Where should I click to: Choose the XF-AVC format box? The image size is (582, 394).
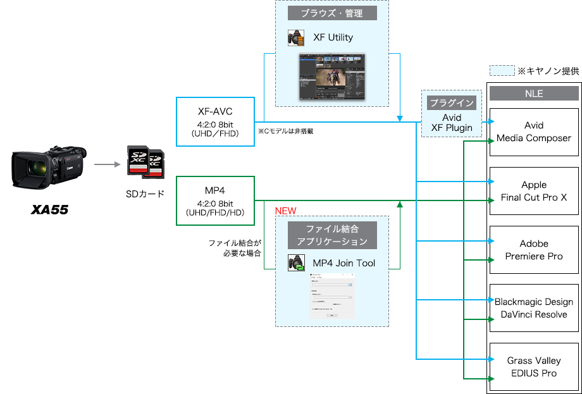click(x=215, y=121)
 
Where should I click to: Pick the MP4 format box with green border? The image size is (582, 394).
click(x=215, y=201)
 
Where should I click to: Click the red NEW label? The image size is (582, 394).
click(x=285, y=211)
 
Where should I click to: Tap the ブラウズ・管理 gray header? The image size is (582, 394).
click(x=332, y=13)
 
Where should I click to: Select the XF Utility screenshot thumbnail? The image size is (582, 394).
click(x=332, y=76)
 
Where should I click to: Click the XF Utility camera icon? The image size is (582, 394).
click(x=296, y=38)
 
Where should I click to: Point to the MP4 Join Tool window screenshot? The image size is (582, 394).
click(x=332, y=296)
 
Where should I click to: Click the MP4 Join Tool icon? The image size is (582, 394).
click(x=296, y=263)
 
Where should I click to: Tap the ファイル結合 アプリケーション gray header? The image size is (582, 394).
click(x=332, y=235)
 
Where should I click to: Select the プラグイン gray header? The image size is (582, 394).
click(x=452, y=102)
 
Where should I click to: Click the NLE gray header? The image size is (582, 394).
click(x=534, y=94)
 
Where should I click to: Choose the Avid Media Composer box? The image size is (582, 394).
click(x=534, y=132)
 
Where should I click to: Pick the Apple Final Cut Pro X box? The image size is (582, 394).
click(x=534, y=191)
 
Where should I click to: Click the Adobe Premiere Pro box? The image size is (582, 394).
click(x=534, y=250)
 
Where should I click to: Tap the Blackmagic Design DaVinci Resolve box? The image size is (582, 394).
click(x=534, y=308)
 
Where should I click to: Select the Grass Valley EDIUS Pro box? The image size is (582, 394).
click(x=534, y=367)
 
